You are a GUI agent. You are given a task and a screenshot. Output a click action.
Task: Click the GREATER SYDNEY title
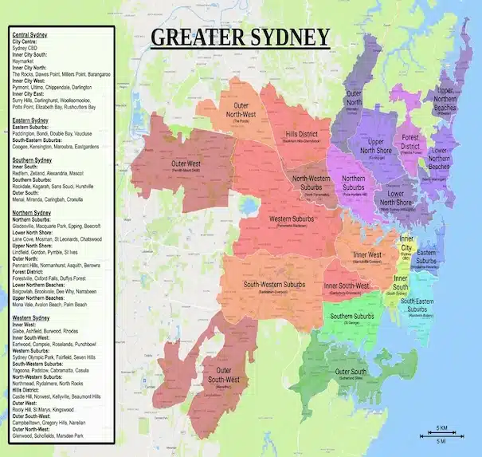tap(240, 37)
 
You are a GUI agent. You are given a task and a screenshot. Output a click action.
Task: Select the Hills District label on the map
tap(302, 136)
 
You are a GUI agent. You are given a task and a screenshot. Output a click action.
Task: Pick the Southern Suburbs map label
tap(352, 317)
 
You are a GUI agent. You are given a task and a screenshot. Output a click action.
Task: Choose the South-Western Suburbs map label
tap(274, 284)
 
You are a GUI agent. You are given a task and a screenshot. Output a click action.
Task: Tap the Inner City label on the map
tap(406, 243)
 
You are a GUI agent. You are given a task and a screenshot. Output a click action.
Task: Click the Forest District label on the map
tap(410, 141)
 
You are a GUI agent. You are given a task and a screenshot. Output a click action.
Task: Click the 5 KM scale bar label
tap(441, 427)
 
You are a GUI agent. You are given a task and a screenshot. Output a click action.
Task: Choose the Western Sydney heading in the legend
tap(32, 317)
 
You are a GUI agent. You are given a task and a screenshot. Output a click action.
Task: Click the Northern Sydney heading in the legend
tap(32, 213)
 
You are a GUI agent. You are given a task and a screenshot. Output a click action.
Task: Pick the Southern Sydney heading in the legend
tap(32, 160)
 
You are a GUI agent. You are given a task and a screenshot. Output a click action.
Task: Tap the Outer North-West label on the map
tap(252, 109)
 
